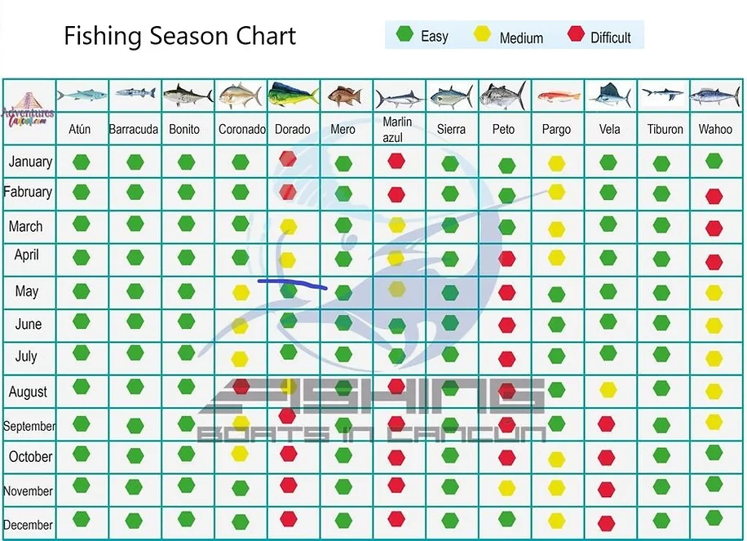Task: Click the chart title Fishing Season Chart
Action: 179,36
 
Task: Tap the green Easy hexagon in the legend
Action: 403,34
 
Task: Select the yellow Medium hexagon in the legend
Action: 482,34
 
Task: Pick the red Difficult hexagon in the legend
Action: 576,34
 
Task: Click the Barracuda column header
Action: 134,129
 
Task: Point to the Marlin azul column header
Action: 397,129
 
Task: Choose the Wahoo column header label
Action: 714,129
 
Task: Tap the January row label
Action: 30,162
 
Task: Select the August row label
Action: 29,392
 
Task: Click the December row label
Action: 29,525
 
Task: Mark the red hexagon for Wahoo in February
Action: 714,196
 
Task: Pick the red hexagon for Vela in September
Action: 606,424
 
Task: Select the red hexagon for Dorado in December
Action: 288,519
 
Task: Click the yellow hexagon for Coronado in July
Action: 240,358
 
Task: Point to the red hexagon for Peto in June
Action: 506,326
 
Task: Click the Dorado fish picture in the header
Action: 293,95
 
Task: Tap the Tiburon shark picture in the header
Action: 662,95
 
